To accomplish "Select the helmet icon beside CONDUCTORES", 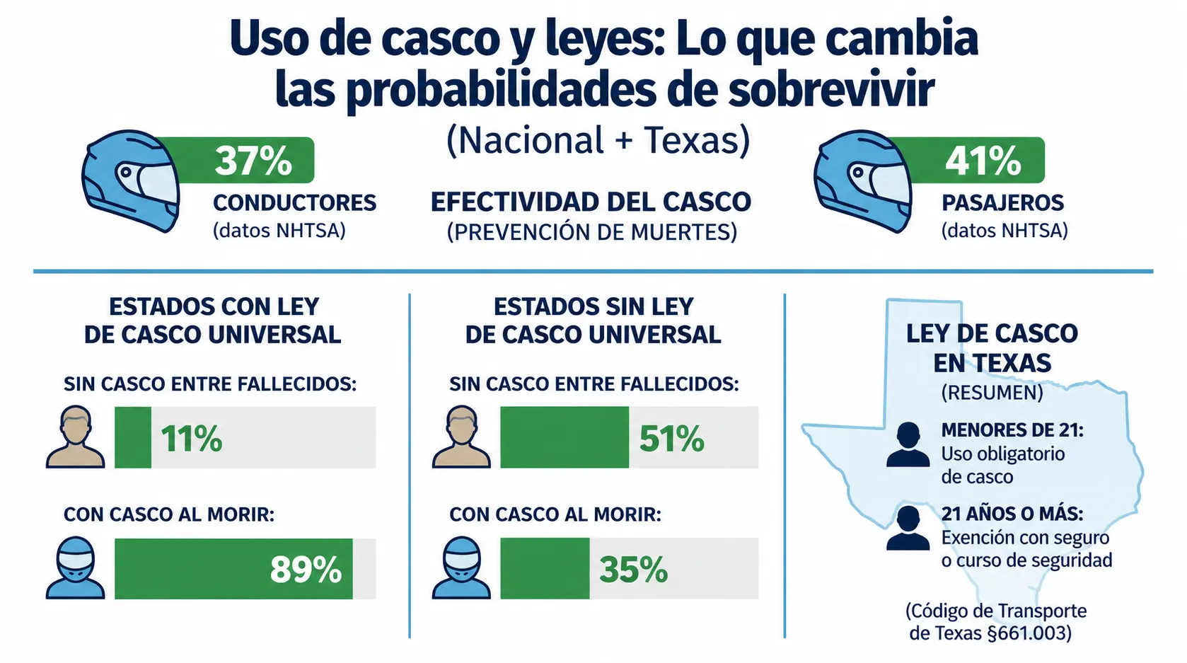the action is (x=130, y=180).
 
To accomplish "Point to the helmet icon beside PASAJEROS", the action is (x=863, y=180).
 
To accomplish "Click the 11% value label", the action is (x=191, y=439).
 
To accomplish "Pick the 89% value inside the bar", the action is (x=306, y=570).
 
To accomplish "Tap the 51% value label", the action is (x=672, y=439).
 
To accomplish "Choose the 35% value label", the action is (x=633, y=570).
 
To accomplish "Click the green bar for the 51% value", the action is (x=564, y=437).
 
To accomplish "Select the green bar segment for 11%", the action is (x=133, y=437).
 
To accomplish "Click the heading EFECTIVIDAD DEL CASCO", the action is (x=591, y=202).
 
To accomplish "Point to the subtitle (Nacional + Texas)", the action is (x=598, y=140).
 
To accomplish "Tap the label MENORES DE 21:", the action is (x=1013, y=429).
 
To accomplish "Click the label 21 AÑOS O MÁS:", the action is (x=1012, y=514).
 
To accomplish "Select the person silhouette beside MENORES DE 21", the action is (x=908, y=444).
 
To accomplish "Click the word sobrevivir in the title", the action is (x=831, y=90).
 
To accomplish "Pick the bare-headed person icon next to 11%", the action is (x=75, y=437).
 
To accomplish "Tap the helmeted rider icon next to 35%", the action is (x=461, y=567).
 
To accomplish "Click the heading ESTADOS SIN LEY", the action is (x=593, y=307).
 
